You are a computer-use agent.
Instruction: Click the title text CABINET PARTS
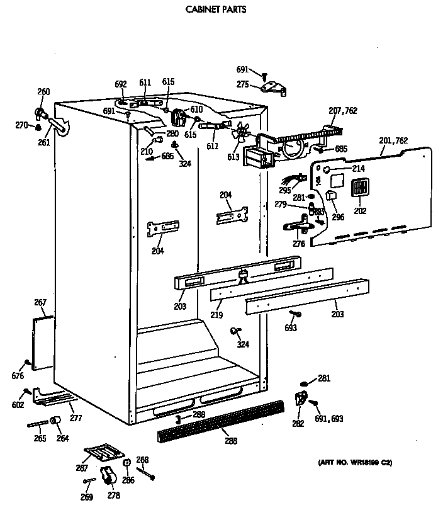(x=215, y=10)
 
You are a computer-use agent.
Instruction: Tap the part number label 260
(x=43, y=92)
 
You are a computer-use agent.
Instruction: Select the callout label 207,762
(x=343, y=111)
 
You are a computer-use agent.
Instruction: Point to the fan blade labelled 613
(x=241, y=133)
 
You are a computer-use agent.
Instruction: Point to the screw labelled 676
(x=26, y=363)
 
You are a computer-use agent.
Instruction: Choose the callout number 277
(x=76, y=418)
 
